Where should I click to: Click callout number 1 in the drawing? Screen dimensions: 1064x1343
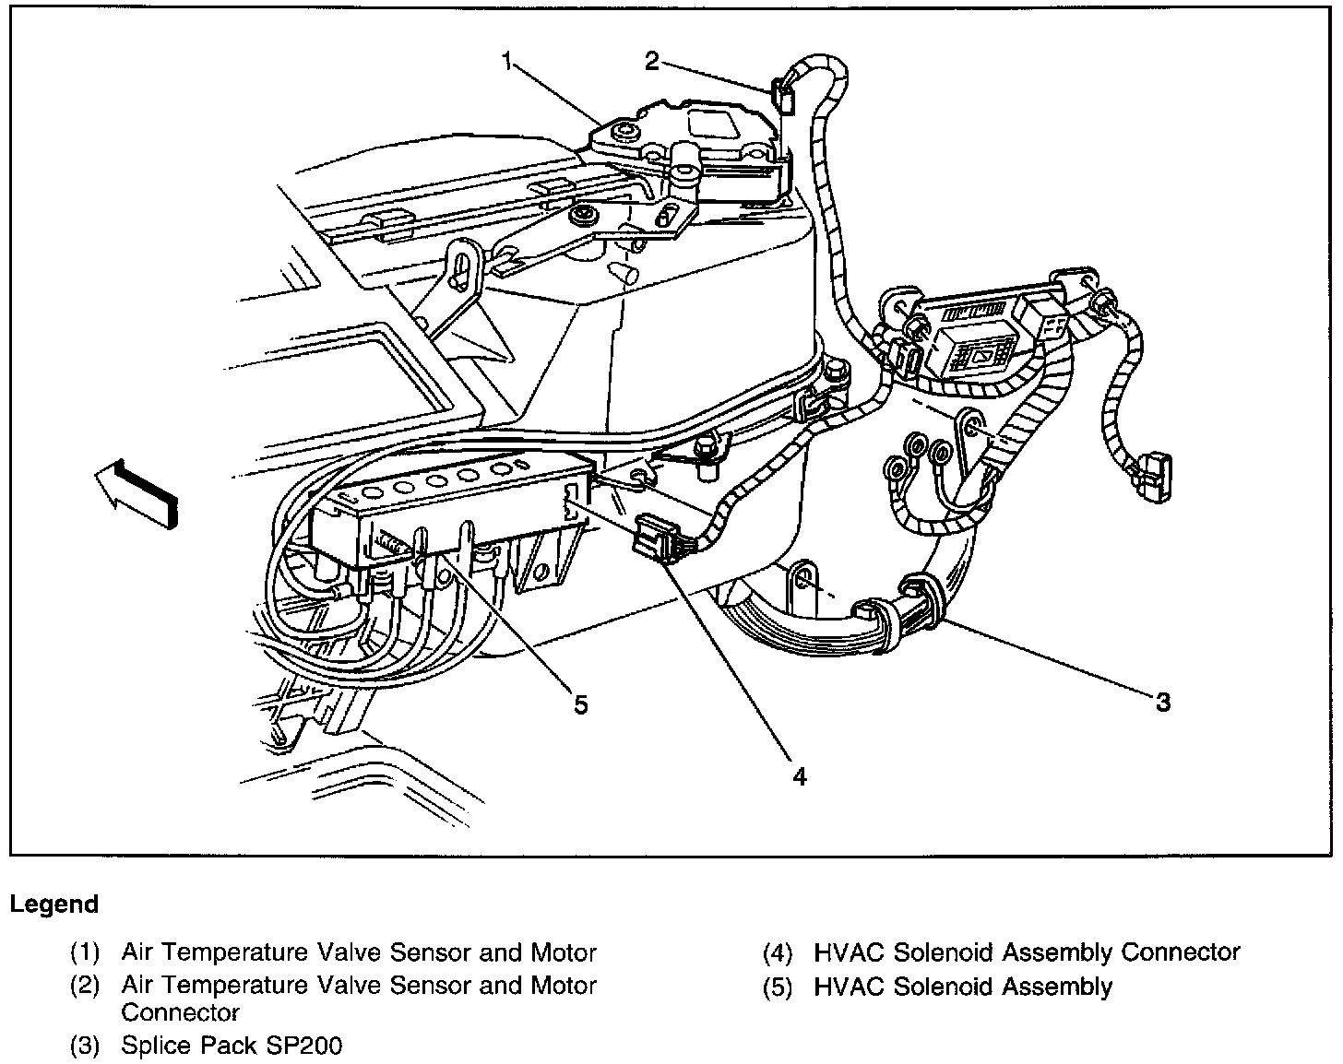point(506,61)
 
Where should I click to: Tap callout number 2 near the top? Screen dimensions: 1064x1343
point(652,61)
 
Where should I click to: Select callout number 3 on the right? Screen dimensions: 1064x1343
point(1163,703)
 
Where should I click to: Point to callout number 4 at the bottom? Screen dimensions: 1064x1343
point(799,777)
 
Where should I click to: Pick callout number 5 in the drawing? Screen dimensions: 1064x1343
point(580,704)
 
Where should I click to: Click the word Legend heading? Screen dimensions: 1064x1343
point(53,904)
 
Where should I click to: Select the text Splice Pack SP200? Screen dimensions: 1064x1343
point(232,1046)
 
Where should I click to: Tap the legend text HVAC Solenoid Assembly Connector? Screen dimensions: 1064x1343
point(1027,952)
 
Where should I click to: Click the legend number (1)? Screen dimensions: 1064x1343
point(85,952)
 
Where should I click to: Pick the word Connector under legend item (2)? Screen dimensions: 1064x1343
point(180,1012)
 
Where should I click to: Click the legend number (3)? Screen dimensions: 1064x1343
point(85,1046)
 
